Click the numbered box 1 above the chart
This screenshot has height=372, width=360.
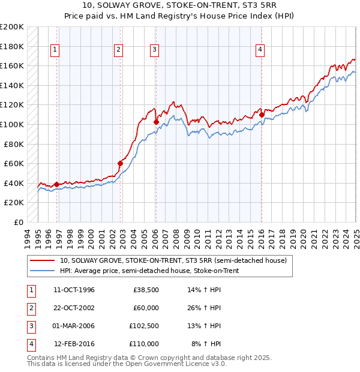(55, 50)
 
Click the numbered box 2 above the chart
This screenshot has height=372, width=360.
(118, 50)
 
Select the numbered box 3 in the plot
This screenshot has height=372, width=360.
(154, 50)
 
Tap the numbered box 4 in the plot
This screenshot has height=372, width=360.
(260, 50)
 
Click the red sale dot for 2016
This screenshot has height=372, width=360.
(262, 114)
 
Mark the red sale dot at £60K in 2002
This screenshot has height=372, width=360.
(120, 163)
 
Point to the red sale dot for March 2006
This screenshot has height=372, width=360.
(156, 122)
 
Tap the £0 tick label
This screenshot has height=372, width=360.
(19, 222)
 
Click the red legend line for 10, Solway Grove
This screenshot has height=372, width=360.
(43, 261)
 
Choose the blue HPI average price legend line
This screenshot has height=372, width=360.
(43, 271)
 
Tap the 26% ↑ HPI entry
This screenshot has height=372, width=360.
(206, 308)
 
